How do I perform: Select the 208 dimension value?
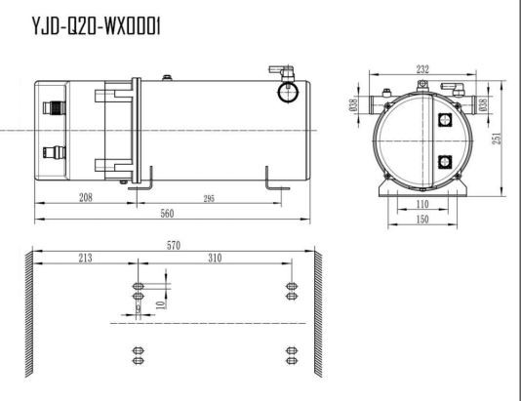(86, 197)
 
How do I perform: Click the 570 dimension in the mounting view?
(173, 245)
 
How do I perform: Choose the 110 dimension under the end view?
(421, 205)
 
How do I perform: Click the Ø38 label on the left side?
(353, 104)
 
